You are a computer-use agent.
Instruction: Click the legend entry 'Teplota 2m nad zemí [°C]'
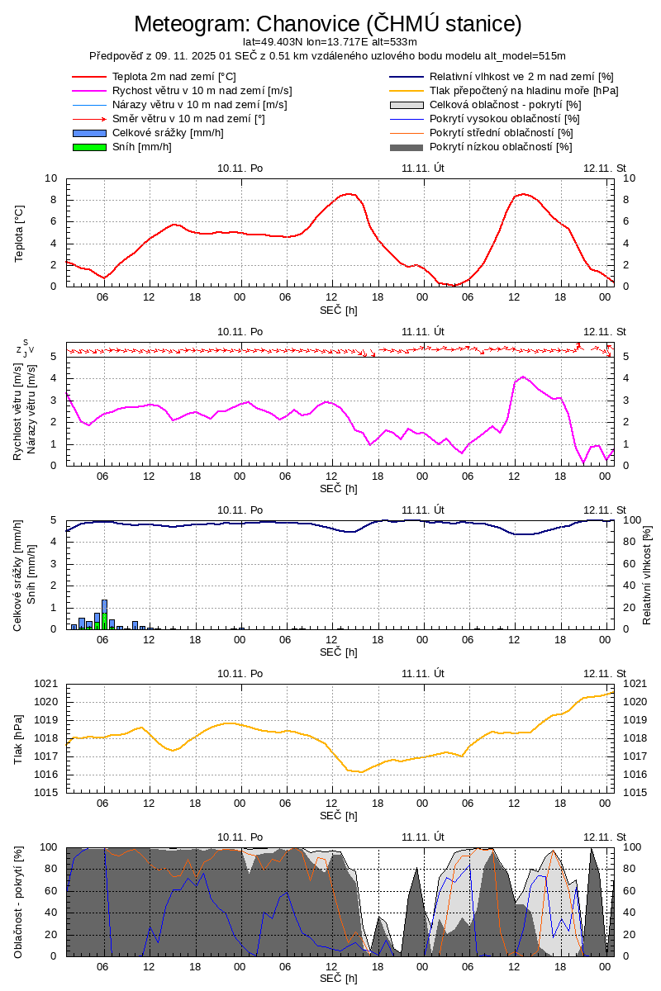[x=174, y=77]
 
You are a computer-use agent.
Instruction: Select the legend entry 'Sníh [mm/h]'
[x=141, y=147]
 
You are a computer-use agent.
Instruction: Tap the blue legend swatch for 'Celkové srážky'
[x=89, y=133]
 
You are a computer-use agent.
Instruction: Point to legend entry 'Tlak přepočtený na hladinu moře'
[x=524, y=91]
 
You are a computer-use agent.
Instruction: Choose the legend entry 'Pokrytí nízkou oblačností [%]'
[x=501, y=147]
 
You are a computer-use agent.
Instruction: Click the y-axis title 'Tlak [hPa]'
[x=20, y=737]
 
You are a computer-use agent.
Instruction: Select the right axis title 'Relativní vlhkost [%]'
[x=647, y=574]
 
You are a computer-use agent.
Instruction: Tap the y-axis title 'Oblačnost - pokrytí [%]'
[x=20, y=903]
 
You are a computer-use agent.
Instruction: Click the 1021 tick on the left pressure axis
[x=46, y=684]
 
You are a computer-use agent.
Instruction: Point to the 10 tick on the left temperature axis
[x=51, y=178]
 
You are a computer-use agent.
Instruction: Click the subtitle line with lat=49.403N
[x=330, y=41]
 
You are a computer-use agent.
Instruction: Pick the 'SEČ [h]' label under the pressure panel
[x=339, y=816]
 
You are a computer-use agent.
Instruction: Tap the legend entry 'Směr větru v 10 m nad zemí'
[x=188, y=119]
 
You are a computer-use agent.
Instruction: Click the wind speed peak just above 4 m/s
[x=523, y=377]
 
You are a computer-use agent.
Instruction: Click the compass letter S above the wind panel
[x=26, y=342]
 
